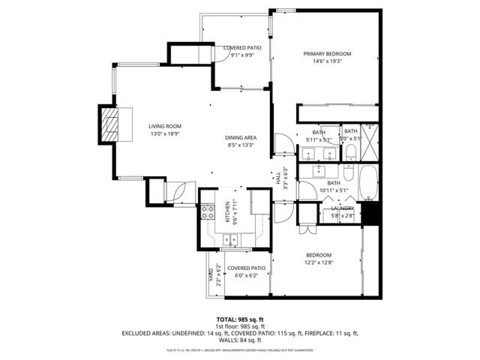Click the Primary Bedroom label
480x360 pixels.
click(327, 54)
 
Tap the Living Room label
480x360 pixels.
click(164, 126)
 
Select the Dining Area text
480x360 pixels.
click(241, 138)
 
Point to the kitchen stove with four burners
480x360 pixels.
click(208, 212)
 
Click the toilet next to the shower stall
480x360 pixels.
click(351, 152)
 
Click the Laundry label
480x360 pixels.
click(343, 208)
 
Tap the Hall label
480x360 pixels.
click(277, 180)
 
